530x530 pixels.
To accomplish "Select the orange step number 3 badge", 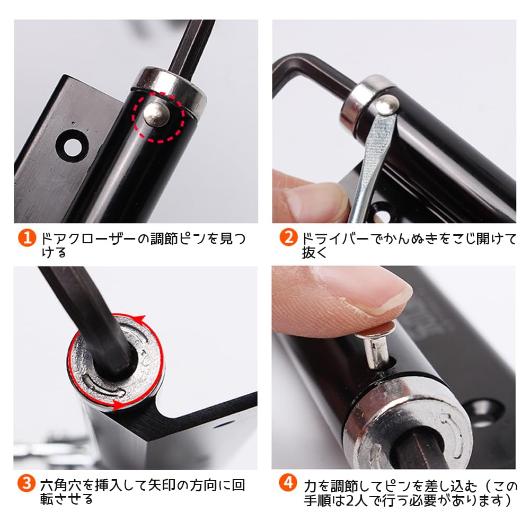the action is pyautogui.click(x=26, y=483).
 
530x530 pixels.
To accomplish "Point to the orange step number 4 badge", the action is pyautogui.click(x=288, y=483).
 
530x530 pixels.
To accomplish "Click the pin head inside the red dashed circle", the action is pyautogui.click(x=156, y=114).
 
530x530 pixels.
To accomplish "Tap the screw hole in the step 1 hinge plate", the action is pyautogui.click(x=72, y=147).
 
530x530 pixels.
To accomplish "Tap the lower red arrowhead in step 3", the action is pyautogui.click(x=117, y=404).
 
